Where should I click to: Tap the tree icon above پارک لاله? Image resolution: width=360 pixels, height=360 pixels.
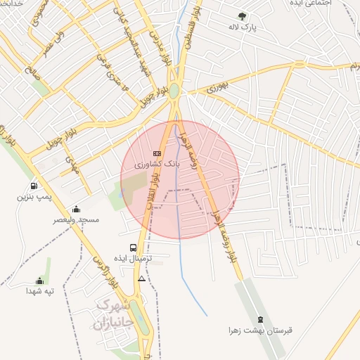243,15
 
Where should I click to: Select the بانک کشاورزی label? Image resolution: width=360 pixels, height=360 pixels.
157,163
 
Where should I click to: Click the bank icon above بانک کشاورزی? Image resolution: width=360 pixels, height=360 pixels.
157,153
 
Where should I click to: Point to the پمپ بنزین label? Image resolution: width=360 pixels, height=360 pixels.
34,198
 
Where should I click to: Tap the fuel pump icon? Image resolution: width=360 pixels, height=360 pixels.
34,186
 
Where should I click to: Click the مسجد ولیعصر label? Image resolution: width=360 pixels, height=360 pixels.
76,220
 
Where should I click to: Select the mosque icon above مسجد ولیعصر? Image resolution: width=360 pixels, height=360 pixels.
76,210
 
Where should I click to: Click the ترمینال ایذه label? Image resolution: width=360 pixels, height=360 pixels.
134,259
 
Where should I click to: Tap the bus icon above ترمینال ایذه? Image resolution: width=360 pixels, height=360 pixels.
134,247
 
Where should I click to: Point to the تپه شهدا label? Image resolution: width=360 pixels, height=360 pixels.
39,290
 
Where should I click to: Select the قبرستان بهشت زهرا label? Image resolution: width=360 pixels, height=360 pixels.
259,330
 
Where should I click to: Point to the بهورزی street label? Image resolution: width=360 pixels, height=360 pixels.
219,88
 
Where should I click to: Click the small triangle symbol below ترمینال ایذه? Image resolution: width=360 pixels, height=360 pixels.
142,279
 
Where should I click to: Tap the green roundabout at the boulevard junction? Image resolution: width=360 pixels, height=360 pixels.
174,90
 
